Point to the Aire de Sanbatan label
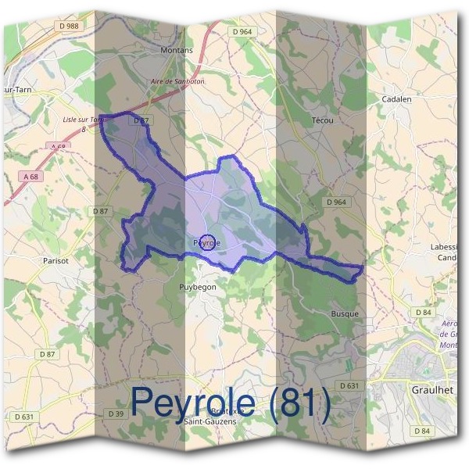(x=177, y=81)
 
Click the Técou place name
(x=322, y=120)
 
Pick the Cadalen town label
(x=396, y=99)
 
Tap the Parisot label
(x=56, y=260)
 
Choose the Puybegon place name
(x=197, y=287)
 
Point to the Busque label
(x=345, y=313)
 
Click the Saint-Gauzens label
(x=211, y=421)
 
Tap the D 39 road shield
(x=116, y=413)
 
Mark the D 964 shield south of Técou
(x=335, y=202)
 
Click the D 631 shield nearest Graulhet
(x=349, y=385)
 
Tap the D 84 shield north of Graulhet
(x=424, y=312)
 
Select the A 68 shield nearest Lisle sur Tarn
(x=57, y=146)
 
